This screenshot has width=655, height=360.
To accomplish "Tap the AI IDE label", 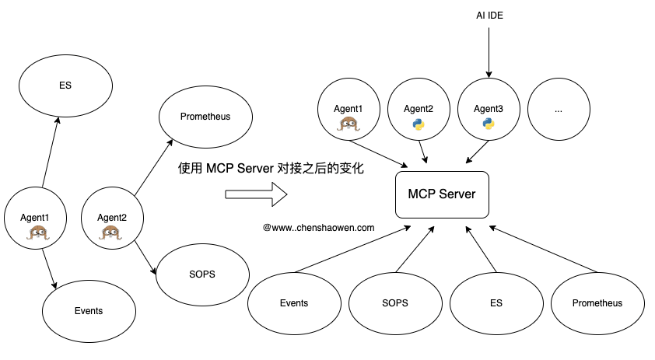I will pyautogui.click(x=489, y=15).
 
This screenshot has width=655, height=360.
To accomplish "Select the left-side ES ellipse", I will pyautogui.click(x=65, y=86).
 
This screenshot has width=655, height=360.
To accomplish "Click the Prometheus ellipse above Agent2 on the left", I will pyautogui.click(x=205, y=117).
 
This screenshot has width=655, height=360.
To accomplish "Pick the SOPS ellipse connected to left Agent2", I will pyautogui.click(x=202, y=274).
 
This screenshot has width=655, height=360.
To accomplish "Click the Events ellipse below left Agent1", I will pyautogui.click(x=88, y=311).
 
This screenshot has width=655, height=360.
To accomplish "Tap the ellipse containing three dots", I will pyautogui.click(x=559, y=110).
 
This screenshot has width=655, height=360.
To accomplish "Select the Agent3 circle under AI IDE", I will pyautogui.click(x=489, y=110).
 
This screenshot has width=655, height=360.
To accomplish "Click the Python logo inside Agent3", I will pyautogui.click(x=489, y=124).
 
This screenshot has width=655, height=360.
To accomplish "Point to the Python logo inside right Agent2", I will pyautogui.click(x=419, y=124).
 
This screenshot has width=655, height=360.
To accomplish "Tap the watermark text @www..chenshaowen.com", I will pyautogui.click(x=319, y=228).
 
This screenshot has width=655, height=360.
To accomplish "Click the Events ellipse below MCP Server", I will pyautogui.click(x=294, y=303).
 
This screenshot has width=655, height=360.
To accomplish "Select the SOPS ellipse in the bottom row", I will pyautogui.click(x=395, y=303).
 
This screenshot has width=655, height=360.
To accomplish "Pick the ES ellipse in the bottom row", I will pyautogui.click(x=496, y=303).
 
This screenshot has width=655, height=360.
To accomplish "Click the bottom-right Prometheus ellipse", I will pyautogui.click(x=597, y=303).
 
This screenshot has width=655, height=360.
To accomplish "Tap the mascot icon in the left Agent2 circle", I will pyautogui.click(x=112, y=231).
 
